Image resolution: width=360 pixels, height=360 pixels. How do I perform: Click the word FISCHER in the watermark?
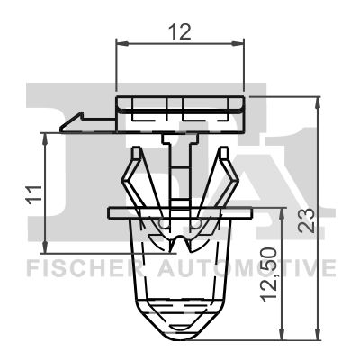pos(71,268)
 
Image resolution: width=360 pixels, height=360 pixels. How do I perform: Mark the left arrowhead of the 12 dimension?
pos(121,41)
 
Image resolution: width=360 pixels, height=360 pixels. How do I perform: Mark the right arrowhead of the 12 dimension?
pos(240,41)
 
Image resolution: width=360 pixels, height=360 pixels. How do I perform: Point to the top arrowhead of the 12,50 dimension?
pos(284,219)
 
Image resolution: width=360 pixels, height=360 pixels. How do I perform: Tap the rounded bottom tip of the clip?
pos(180,328)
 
